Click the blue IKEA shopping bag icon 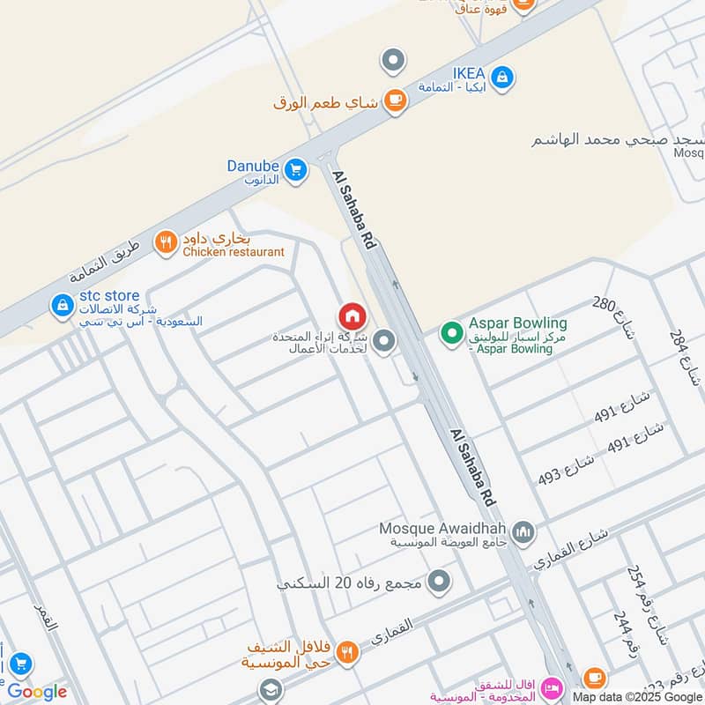click(501, 78)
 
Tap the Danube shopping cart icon click(295, 167)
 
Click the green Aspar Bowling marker click(452, 333)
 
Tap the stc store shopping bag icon click(63, 305)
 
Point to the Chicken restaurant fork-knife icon click(166, 242)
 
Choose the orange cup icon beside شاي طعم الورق click(394, 100)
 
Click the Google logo click(37, 692)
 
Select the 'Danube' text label click(253, 165)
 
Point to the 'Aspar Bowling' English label click(517, 323)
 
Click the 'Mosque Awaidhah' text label click(443, 528)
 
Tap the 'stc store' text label click(110, 295)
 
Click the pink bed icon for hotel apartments click(553, 685)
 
